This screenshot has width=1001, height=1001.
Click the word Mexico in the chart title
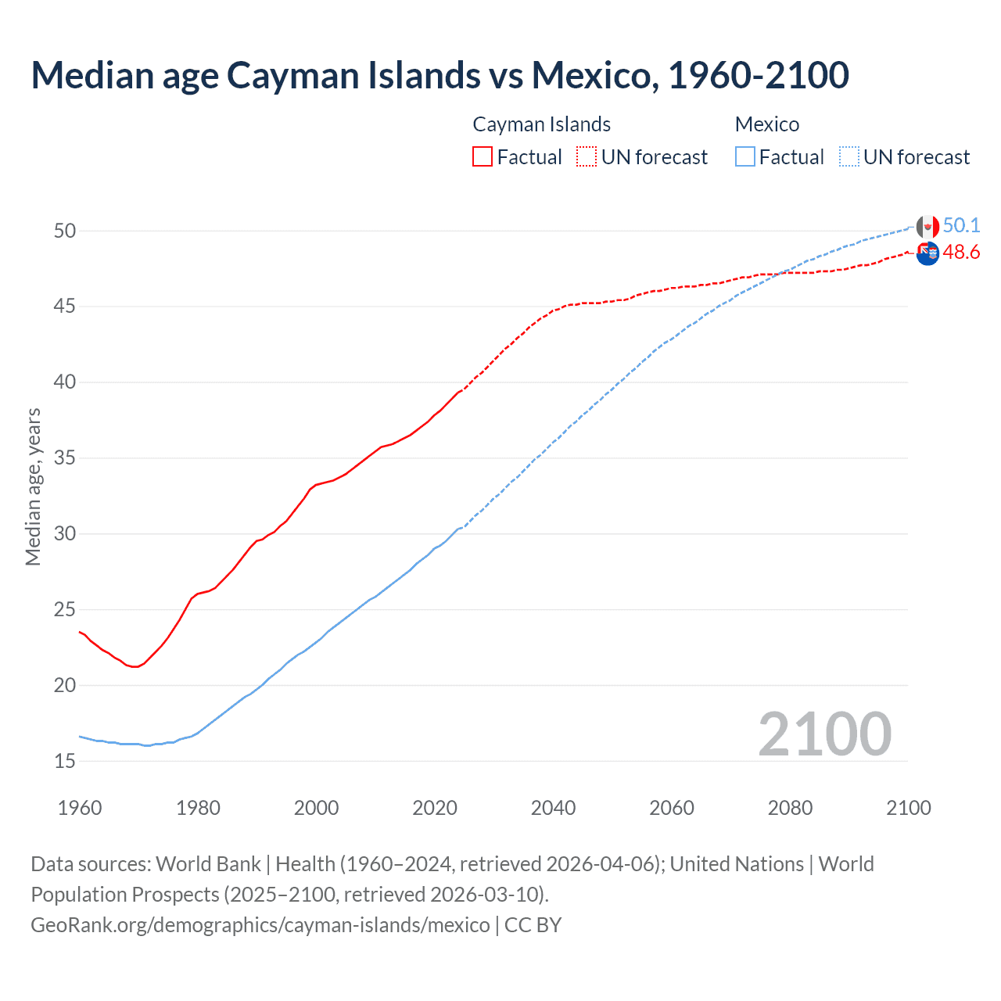coord(591,75)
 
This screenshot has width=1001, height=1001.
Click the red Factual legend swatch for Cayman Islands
coord(483,156)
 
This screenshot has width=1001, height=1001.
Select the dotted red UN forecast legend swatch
coord(587,156)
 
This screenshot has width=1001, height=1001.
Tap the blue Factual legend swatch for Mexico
coord(745,156)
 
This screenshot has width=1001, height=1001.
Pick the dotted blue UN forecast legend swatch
coord(849,156)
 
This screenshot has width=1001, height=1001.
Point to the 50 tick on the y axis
coord(65,231)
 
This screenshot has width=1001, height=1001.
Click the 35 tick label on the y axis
coord(65,457)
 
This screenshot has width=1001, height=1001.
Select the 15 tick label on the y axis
coord(65,761)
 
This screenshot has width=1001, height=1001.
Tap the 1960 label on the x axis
coord(80,808)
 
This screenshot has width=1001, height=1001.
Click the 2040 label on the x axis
coord(553,808)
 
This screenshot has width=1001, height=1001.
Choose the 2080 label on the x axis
coord(790,808)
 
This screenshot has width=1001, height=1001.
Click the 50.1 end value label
coord(961,225)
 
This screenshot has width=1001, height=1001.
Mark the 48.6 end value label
coord(961,252)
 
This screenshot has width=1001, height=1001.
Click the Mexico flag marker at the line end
coord(927,227)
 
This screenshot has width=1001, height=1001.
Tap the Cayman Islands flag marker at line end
coord(927,253)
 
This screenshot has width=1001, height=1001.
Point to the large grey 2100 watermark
coord(824,734)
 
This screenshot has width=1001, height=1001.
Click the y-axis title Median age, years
coord(33,486)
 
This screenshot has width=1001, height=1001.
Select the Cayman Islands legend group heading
coord(541,124)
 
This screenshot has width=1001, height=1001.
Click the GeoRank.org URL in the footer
coord(260,924)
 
